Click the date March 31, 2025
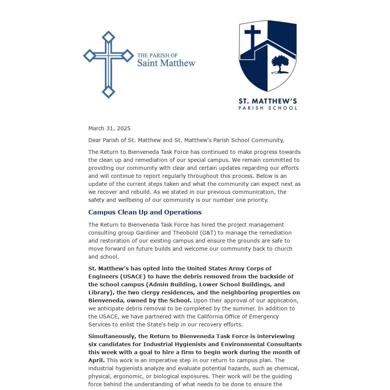pos(109,128)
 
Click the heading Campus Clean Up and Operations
pos(145,212)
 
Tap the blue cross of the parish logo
pos(109,64)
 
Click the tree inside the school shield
pos(280,64)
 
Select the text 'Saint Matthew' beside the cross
pos(166,63)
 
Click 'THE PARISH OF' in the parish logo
pos(157,56)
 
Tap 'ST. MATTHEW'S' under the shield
pos(267,101)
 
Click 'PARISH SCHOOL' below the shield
pos(267,108)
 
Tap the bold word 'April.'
pos(96,360)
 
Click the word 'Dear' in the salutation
pos(95,140)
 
